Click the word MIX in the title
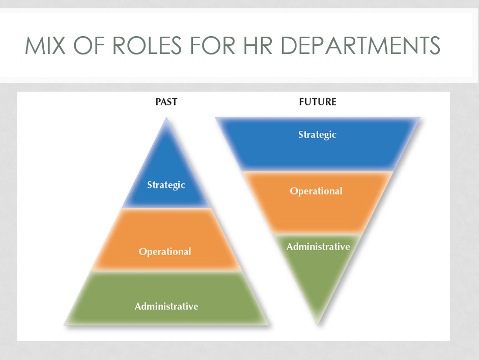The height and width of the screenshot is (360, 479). [x=45, y=45]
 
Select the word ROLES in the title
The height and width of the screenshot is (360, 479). [x=147, y=45]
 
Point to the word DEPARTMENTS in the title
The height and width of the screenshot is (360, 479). [x=360, y=45]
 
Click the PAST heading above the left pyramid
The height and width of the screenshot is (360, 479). [x=166, y=102]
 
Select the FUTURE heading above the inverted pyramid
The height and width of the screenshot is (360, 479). [x=318, y=102]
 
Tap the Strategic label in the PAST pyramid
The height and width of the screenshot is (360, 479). [x=166, y=185]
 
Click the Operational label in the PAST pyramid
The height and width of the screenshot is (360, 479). [x=165, y=252]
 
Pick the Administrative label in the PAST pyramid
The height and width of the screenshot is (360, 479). [x=166, y=306]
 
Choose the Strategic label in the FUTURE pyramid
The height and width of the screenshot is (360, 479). [x=318, y=135]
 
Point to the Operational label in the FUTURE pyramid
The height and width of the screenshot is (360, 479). [x=316, y=191]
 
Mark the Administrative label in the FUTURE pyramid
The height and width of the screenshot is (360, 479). [x=318, y=246]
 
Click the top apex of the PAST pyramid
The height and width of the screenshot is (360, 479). [x=166, y=117]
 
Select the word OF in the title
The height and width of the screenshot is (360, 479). [x=89, y=45]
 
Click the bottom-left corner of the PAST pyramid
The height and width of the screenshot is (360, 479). [x=64, y=325]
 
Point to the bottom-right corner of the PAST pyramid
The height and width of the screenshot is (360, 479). [x=269, y=325]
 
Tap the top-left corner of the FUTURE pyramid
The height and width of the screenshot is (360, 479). [x=215, y=118]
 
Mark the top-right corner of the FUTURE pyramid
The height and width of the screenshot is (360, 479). [x=420, y=118]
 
